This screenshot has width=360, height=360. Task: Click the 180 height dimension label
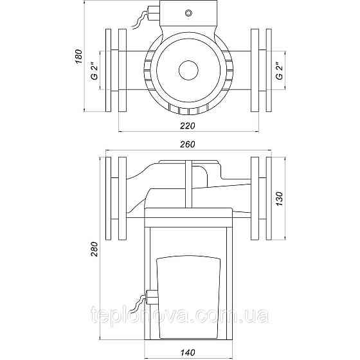coord(78,57)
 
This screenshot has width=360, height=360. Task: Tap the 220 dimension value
coord(187,126)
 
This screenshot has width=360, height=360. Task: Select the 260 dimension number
coord(187,145)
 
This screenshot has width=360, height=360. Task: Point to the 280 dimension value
coord(94,249)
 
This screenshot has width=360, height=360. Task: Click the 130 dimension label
coord(280,199)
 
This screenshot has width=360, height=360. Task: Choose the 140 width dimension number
coord(187,352)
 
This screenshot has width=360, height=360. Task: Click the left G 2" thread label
coord(94,71)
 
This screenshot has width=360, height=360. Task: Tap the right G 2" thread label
coord(280,71)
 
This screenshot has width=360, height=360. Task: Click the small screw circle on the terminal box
coord(188,13)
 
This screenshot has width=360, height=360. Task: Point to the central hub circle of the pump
coord(188,71)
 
